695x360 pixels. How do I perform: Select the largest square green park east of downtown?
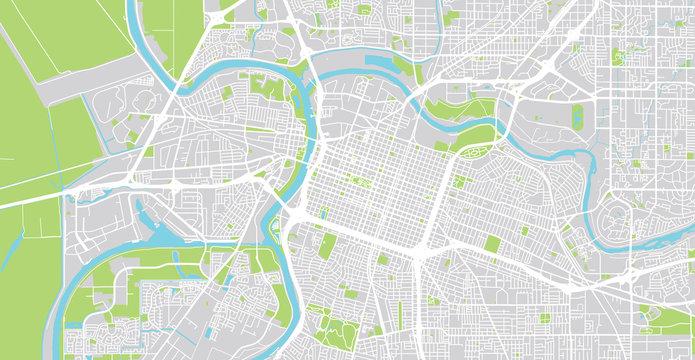tap(461, 181)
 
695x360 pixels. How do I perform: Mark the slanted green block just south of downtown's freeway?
tap(329, 245)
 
